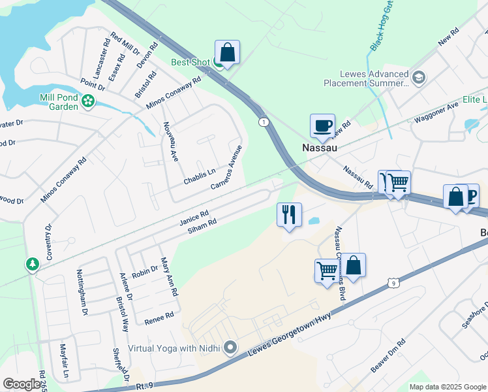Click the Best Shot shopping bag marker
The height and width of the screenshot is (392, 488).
227,52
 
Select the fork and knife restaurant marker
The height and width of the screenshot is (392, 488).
289,214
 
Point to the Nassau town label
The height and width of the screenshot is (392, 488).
320,148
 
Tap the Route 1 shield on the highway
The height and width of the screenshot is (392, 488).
263,122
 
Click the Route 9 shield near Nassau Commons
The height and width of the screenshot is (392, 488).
392,282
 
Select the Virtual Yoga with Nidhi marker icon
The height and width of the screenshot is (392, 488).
230,348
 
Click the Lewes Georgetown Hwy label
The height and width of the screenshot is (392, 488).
290,335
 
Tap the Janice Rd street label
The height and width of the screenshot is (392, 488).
194,218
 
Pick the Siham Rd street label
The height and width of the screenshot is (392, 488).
202,227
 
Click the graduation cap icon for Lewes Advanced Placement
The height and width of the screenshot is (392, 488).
418,77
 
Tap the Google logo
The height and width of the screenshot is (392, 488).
22,384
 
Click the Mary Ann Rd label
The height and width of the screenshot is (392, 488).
169,277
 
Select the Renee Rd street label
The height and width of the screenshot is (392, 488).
159,315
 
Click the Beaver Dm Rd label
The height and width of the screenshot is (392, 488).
389,356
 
